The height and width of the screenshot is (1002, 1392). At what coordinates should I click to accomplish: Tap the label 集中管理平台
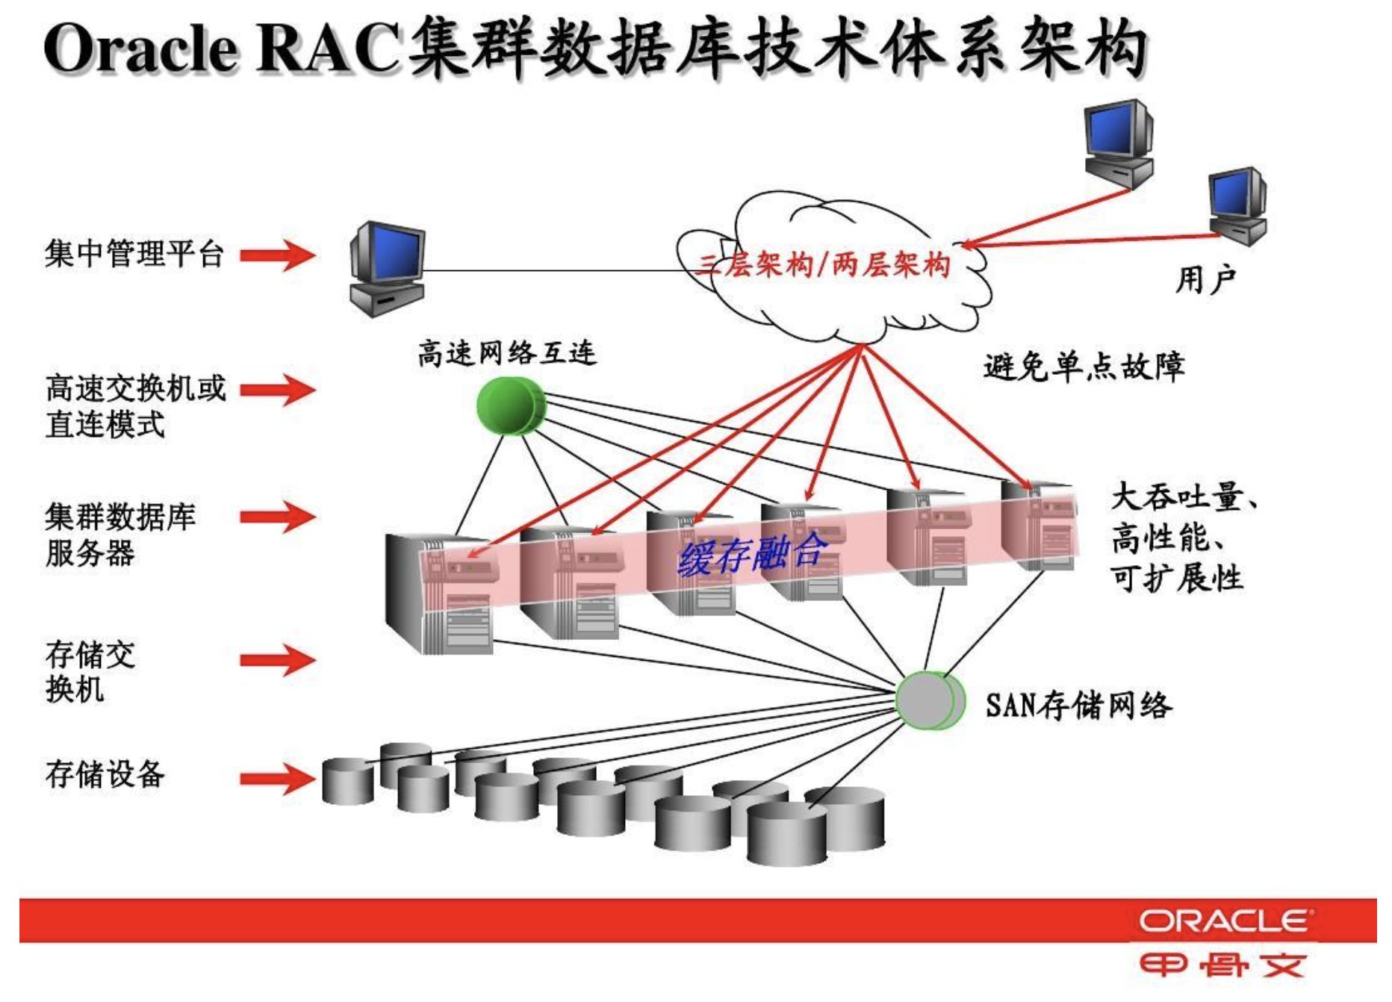[134, 254]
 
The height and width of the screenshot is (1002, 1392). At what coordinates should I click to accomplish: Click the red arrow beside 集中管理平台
[277, 255]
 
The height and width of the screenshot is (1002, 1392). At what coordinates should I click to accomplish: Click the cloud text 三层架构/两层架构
[824, 264]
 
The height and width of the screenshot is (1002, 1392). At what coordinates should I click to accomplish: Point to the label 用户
[1205, 280]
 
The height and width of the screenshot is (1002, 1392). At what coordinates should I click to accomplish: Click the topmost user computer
[1118, 142]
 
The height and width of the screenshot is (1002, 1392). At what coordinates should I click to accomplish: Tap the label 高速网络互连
[506, 352]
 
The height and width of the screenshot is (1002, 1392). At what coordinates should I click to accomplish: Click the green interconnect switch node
[511, 405]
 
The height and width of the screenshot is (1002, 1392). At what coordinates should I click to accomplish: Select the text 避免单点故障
[1084, 367]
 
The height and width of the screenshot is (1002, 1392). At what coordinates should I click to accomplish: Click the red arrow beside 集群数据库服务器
[277, 517]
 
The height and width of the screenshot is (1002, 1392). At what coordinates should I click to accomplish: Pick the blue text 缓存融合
[753, 554]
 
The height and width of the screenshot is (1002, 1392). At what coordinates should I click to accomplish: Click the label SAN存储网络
[1078, 706]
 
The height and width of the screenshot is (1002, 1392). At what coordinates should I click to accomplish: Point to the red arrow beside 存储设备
[277, 779]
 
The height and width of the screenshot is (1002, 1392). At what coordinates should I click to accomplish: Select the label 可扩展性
[1177, 578]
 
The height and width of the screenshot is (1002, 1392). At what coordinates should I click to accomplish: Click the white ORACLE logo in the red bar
[1223, 921]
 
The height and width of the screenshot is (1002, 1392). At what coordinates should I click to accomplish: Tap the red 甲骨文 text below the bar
[1222, 966]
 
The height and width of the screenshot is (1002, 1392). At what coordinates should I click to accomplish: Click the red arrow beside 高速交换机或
[277, 389]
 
